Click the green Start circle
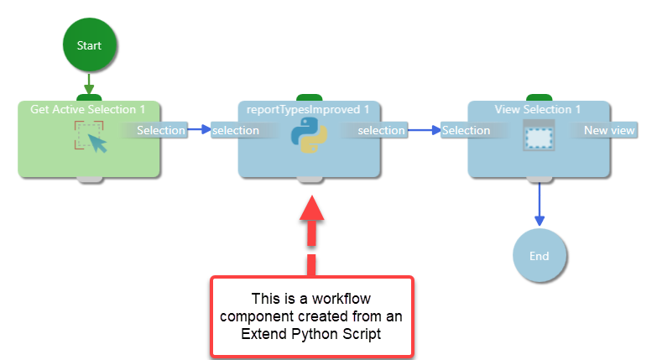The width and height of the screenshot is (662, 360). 90,44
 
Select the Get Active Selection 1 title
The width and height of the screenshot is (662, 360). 88,109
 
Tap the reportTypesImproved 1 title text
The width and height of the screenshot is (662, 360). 308,109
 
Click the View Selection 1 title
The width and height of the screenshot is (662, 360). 538,109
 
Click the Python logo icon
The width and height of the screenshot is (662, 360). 309,135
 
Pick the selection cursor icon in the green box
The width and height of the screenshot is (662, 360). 90,136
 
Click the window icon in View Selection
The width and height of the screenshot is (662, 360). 538,135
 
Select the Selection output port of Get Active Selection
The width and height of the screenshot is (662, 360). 160,130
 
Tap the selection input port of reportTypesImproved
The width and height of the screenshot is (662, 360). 236,130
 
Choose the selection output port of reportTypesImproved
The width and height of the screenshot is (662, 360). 381,130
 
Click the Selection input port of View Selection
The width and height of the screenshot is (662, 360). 467,130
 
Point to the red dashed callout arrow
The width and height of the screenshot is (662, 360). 311,232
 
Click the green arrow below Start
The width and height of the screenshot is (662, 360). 90,84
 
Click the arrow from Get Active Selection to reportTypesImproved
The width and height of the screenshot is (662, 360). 199,130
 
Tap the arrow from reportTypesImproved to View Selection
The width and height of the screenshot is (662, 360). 425,130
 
